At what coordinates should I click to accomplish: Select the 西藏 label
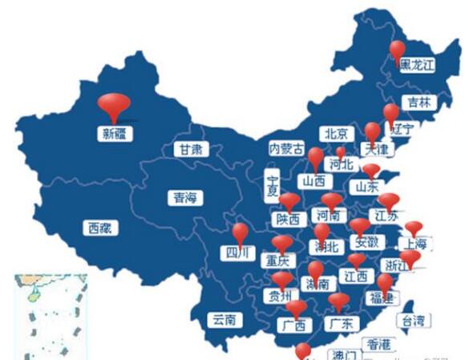tap(101, 228)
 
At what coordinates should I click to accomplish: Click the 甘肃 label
tap(191, 149)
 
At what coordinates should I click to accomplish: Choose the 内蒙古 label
tap(286, 148)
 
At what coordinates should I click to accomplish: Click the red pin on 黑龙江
tap(398, 50)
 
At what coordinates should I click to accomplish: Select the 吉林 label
tap(418, 102)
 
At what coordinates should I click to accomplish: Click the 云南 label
tap(224, 320)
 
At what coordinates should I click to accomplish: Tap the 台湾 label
tap(417, 320)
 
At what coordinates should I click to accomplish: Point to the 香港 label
tap(378, 344)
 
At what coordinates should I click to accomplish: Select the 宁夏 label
tap(273, 185)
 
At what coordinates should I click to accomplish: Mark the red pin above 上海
tap(414, 228)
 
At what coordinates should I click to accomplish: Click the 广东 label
tap(343, 323)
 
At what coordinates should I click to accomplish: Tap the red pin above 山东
tap(371, 169)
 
